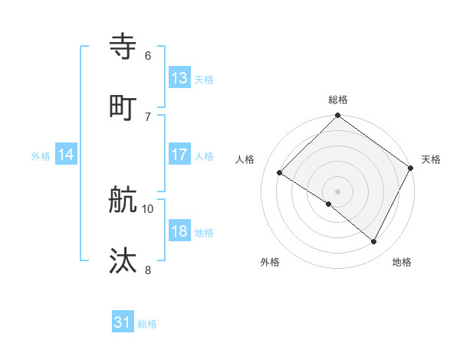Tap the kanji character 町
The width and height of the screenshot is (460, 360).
tap(123, 108)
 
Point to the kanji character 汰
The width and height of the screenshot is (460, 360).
tap(123, 261)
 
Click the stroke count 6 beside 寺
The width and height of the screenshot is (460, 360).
tap(148, 55)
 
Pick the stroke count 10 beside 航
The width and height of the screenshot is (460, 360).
tap(148, 208)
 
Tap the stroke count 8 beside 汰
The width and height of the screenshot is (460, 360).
tap(148, 269)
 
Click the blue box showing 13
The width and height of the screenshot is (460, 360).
tap(179, 77)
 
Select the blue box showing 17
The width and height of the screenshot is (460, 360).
tap(179, 155)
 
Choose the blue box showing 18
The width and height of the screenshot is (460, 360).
tap(179, 231)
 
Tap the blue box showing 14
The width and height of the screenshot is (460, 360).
tap(66, 155)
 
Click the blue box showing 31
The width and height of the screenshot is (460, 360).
tap(123, 322)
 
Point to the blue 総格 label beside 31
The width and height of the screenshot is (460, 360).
tap(147, 324)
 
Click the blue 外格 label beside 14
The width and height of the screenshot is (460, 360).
tap(41, 156)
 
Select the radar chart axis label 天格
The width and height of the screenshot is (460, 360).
tap(431, 159)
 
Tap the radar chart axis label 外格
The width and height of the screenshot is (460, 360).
tap(270, 262)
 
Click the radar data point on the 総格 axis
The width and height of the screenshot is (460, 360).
tap(337, 117)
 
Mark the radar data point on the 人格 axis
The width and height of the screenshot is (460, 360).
tap(280, 173)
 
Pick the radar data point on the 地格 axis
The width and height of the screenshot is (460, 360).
tap(374, 242)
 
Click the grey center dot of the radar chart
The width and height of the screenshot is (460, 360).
tap(337, 191)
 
